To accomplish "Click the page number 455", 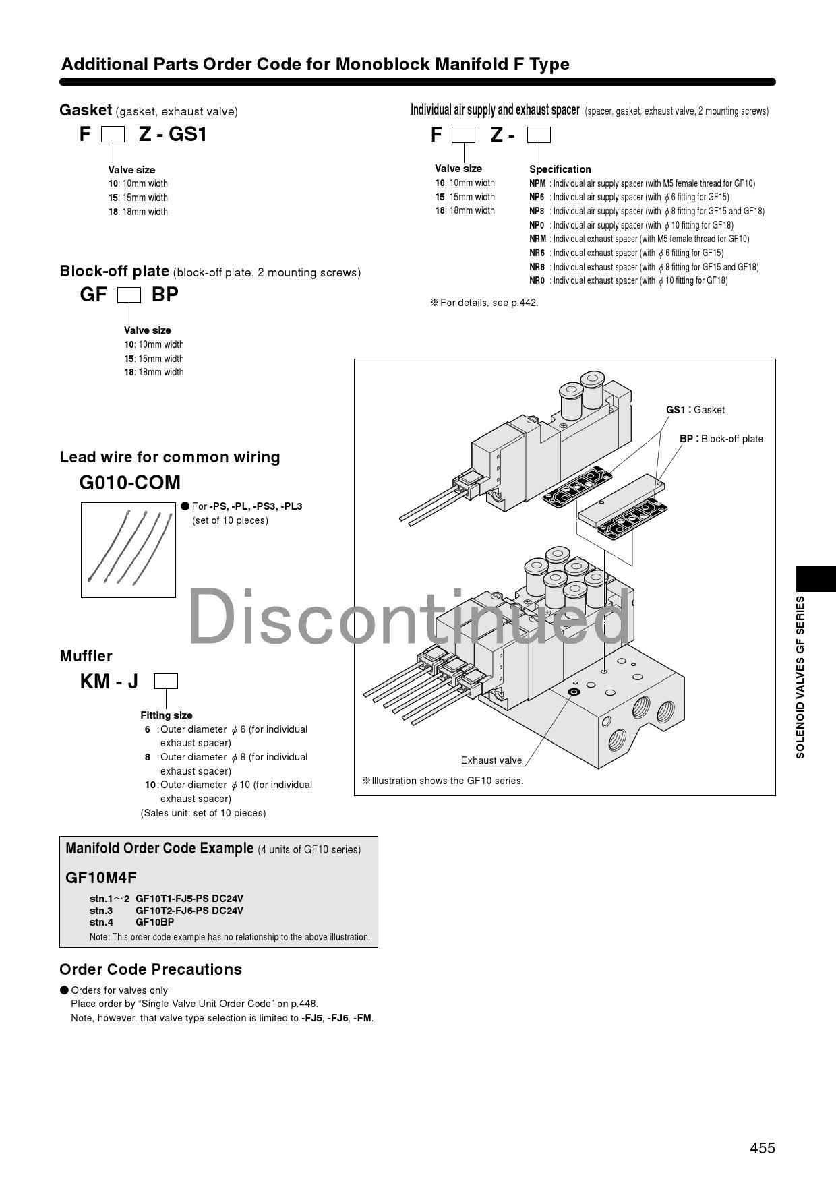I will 762,1147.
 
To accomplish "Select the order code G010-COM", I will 130,483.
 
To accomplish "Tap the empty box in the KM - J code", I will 165,682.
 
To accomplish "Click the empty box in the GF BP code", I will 129,295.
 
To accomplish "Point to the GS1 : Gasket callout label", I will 695,410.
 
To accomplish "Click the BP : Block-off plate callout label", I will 721,439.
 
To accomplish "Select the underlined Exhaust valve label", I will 491,760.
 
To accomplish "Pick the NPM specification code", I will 537,183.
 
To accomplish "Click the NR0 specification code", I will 537,280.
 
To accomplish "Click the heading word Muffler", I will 86,656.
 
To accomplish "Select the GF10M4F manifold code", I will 101,877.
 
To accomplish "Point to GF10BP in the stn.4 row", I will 154,921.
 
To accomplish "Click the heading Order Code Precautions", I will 150,969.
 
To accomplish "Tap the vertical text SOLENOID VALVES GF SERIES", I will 800,677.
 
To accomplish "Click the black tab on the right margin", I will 816,578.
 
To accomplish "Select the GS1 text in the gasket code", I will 187,134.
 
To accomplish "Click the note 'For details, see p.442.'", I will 484,303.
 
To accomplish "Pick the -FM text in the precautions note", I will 362,1018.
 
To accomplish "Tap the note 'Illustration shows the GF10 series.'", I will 443,781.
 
